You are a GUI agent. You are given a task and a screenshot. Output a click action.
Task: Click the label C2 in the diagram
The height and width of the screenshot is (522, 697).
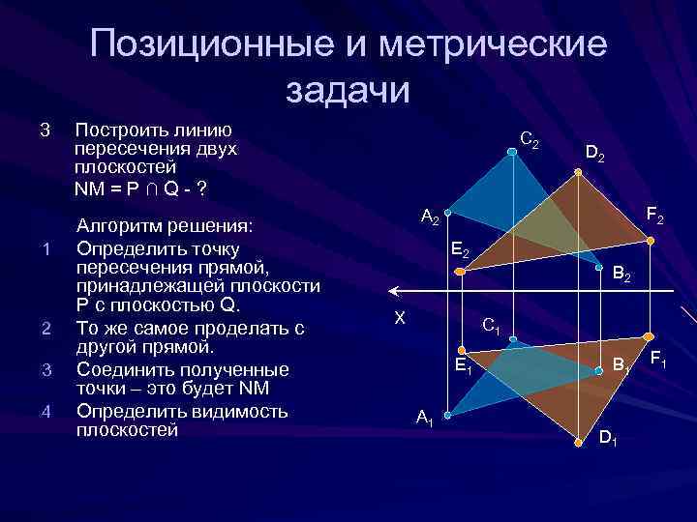[x=529, y=140]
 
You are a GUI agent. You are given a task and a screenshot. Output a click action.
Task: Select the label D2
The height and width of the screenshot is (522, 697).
[x=594, y=153]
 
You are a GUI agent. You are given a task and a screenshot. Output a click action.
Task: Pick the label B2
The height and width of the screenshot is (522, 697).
[x=621, y=276]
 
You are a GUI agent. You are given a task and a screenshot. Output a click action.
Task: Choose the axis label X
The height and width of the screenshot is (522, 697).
[x=399, y=317]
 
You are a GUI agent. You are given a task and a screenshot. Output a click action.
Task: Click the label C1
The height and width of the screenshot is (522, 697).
[x=491, y=326]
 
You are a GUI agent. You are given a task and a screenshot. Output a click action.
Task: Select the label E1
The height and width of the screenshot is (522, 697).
[x=464, y=364]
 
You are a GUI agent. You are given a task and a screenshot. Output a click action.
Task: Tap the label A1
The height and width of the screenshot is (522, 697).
[x=424, y=417]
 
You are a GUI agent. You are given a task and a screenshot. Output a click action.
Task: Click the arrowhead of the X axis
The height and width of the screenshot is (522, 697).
[x=393, y=289]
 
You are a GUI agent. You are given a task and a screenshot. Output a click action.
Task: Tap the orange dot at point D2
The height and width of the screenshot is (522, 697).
[x=578, y=172]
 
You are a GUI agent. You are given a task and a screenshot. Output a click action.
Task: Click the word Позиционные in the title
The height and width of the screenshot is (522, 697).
[x=223, y=45]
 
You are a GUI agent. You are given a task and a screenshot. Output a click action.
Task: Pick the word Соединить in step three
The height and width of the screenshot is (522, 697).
[x=123, y=369]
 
